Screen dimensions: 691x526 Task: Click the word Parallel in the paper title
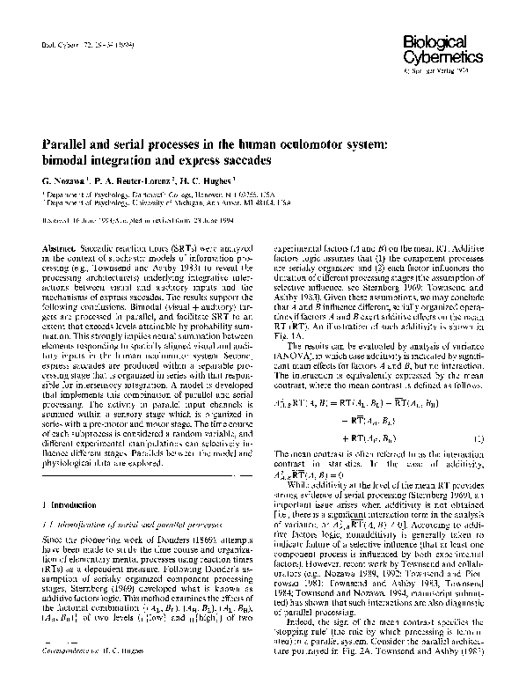(x=62, y=146)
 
